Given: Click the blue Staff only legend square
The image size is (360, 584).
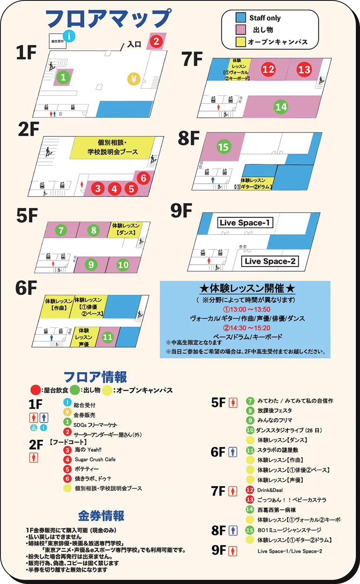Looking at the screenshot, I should point(241,18).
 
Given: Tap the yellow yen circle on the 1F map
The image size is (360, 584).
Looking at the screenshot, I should point(134,79).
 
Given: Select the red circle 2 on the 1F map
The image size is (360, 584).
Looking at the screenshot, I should point(156,41).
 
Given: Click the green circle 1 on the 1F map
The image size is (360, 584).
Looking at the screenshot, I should point(63,77).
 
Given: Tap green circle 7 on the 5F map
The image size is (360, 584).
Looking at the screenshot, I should point(61,230).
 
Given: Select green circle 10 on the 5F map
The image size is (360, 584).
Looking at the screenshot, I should point(123,265).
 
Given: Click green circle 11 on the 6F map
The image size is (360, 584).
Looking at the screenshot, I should point(108,337).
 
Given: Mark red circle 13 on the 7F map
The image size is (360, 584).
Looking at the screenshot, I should point(304,69).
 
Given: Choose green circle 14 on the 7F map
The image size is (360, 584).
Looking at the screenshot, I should point(281,107).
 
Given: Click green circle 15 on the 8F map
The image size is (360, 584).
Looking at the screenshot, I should point(223,146).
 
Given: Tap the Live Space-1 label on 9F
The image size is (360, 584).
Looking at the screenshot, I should point(245,223).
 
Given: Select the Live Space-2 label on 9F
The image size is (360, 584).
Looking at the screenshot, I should point(270,261).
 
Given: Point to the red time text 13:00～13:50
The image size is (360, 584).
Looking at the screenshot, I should point(247,309).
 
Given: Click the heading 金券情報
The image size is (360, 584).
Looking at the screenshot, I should point(101,516).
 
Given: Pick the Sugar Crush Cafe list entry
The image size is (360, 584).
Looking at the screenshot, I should point(95,460).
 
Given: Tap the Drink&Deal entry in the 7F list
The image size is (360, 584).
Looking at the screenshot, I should point(270,490).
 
